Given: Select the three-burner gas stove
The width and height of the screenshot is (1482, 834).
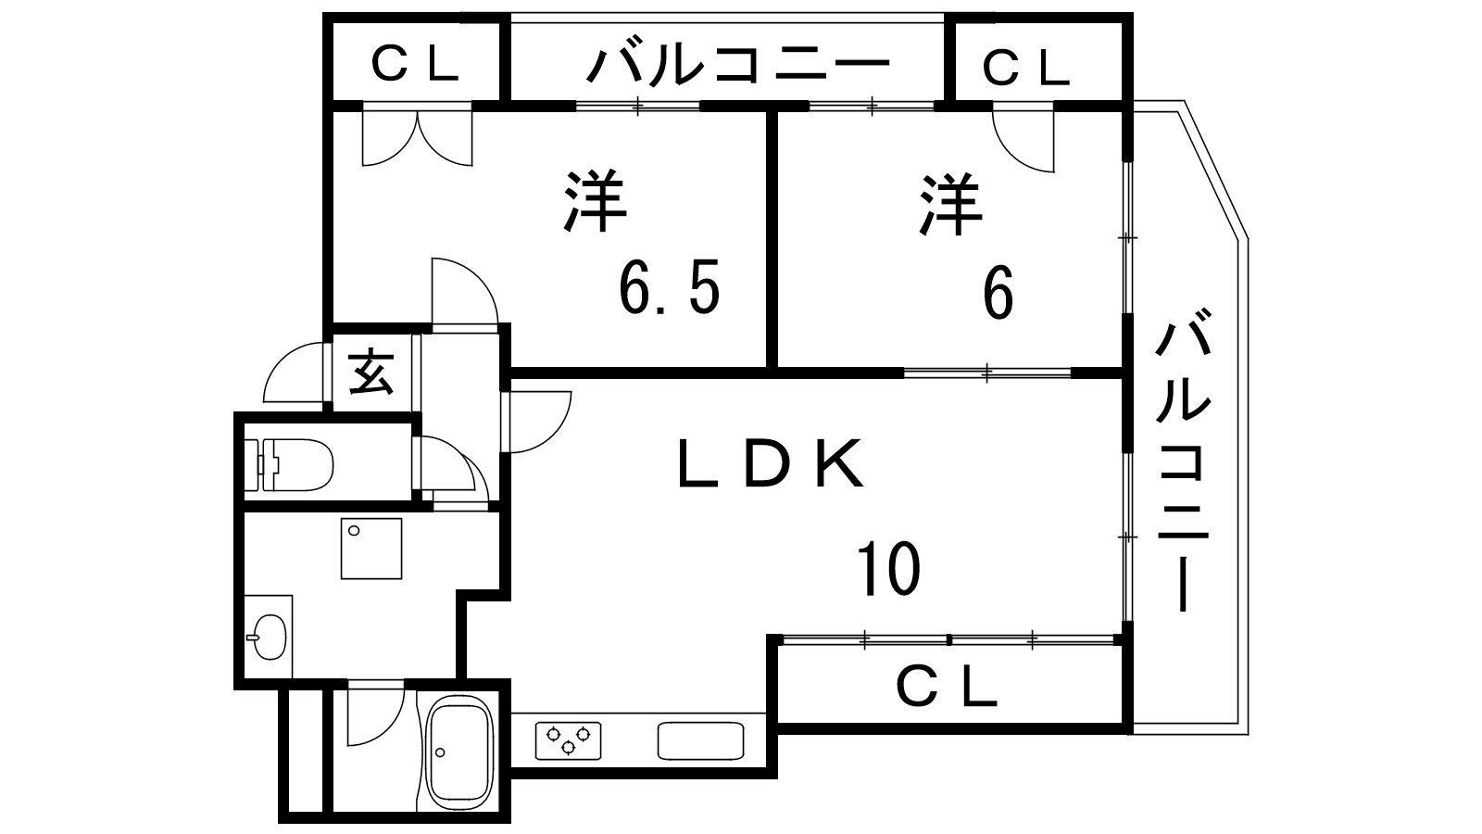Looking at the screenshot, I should [x=567, y=739].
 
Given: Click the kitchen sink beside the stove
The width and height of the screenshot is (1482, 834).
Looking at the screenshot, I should [x=700, y=740].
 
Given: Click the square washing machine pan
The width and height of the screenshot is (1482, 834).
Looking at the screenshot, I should [x=370, y=548].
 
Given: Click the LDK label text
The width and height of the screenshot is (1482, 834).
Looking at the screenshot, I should [x=771, y=464].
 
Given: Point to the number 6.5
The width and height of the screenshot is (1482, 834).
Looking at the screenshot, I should [x=668, y=290].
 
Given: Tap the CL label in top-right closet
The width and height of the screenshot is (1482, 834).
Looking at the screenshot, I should [x=1024, y=67].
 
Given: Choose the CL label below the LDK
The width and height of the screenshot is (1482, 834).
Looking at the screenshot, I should [x=947, y=688].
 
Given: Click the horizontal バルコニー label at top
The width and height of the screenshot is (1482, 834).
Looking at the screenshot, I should [x=738, y=65].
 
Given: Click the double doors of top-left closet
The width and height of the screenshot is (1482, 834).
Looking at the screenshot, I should [x=417, y=139].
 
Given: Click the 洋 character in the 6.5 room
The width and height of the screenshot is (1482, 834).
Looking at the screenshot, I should [x=595, y=201].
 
